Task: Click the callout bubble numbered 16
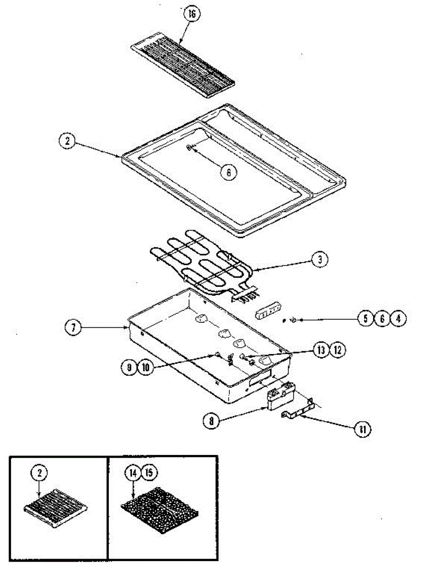point(192,14)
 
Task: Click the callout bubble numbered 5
point(365,319)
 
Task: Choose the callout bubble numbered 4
point(398,319)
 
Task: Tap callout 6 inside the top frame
point(228,172)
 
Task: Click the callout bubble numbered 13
point(322,350)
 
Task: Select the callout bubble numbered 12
point(337,350)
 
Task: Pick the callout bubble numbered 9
point(129,367)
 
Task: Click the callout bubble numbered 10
point(145,367)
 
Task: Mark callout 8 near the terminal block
point(210,421)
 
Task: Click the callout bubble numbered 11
point(363,429)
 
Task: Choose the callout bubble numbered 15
point(149,473)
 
